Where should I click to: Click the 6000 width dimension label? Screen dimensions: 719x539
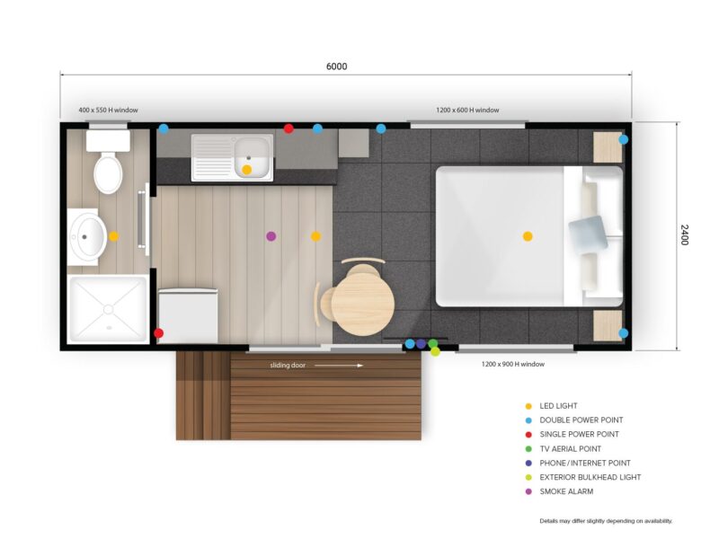click(x=336, y=66)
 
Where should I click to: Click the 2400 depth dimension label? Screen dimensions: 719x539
click(x=684, y=234)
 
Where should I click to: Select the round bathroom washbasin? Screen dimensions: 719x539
click(x=88, y=236)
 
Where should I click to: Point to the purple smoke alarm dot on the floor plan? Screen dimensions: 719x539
click(x=271, y=236)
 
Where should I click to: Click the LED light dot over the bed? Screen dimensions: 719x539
click(x=528, y=236)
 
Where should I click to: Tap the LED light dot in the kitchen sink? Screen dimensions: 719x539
click(x=246, y=170)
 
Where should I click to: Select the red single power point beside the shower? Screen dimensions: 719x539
click(x=159, y=333)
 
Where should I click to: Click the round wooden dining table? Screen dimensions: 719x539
click(x=363, y=305)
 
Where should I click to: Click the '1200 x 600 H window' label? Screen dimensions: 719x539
click(x=467, y=110)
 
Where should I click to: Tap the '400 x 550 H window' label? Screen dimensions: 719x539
click(x=108, y=110)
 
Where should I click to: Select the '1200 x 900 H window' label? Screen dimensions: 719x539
click(x=512, y=364)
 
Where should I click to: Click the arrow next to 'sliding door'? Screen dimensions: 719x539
click(x=339, y=366)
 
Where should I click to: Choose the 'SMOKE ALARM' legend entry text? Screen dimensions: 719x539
click(x=566, y=491)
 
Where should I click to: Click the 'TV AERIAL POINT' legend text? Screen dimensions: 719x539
click(x=570, y=448)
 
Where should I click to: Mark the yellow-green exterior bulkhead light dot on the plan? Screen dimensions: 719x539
click(x=435, y=352)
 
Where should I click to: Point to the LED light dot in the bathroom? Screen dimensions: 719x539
click(x=114, y=236)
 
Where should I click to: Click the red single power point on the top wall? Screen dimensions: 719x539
click(x=288, y=128)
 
